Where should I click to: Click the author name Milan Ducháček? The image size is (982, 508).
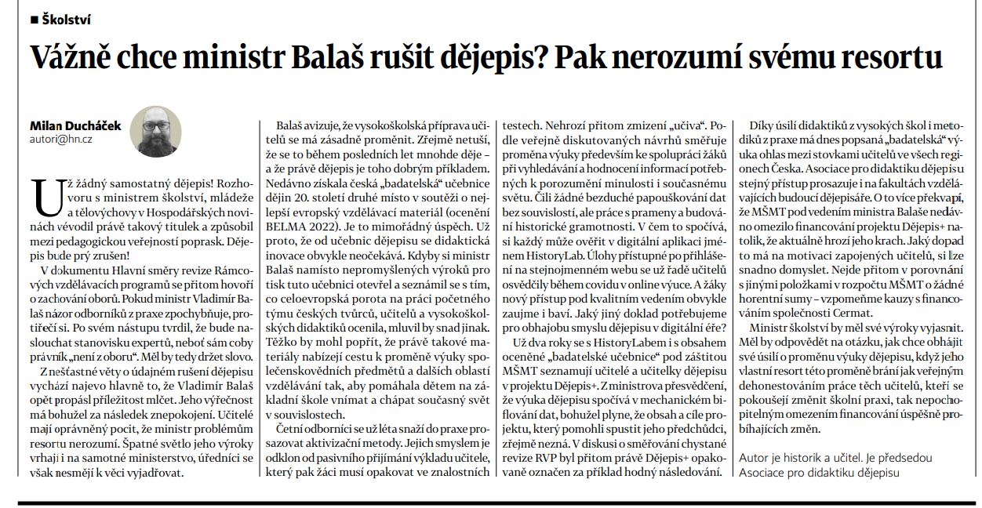76,125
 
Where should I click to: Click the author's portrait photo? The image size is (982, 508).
155,130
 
